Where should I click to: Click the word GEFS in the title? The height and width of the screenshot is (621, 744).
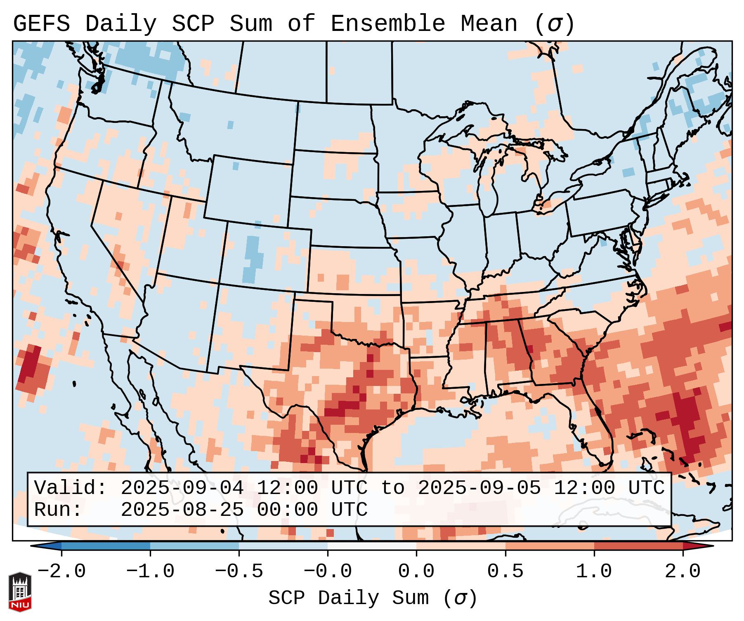click(41, 24)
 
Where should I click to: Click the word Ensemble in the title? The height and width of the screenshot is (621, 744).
click(388, 24)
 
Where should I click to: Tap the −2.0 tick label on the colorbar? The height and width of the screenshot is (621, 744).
click(61, 572)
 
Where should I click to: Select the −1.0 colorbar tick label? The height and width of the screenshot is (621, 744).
click(150, 572)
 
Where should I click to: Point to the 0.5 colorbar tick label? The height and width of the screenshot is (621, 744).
click(505, 572)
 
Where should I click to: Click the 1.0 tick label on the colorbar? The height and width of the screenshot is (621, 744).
click(594, 572)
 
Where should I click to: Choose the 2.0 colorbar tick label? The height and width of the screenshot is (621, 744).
click(683, 572)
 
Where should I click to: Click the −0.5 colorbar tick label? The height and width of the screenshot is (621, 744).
click(239, 572)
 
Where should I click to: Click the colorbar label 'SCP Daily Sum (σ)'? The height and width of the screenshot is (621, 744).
click(373, 598)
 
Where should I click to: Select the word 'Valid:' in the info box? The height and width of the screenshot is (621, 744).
click(71, 488)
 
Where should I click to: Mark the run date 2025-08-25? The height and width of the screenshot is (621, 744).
click(182, 510)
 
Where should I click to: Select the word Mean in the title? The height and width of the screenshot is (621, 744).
click(489, 24)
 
